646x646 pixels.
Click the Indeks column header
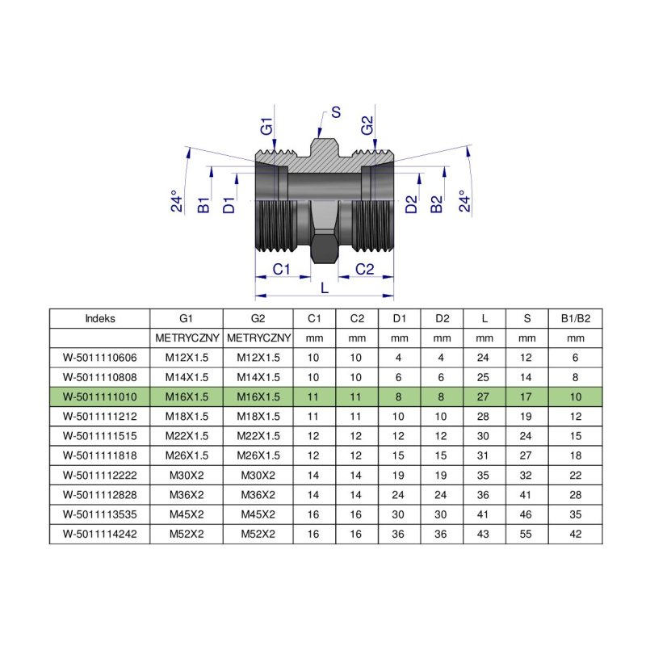click(99, 318)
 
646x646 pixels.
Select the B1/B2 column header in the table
click(575, 318)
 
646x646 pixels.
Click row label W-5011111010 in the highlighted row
click(99, 396)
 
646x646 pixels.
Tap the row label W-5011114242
click(99, 534)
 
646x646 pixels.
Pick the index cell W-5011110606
click(99, 358)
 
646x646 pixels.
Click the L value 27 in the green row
click(484, 396)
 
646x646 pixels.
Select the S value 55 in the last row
click(527, 534)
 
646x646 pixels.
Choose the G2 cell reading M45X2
click(258, 514)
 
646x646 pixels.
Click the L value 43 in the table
click(484, 534)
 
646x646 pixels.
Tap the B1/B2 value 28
click(575, 494)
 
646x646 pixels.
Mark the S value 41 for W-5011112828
click(527, 494)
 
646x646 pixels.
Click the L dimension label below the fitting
click(325, 287)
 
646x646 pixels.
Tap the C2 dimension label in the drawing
click(365, 269)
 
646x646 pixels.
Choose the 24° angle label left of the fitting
click(178, 201)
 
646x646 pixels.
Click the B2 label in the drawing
click(437, 204)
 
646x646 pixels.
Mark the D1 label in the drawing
click(229, 204)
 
